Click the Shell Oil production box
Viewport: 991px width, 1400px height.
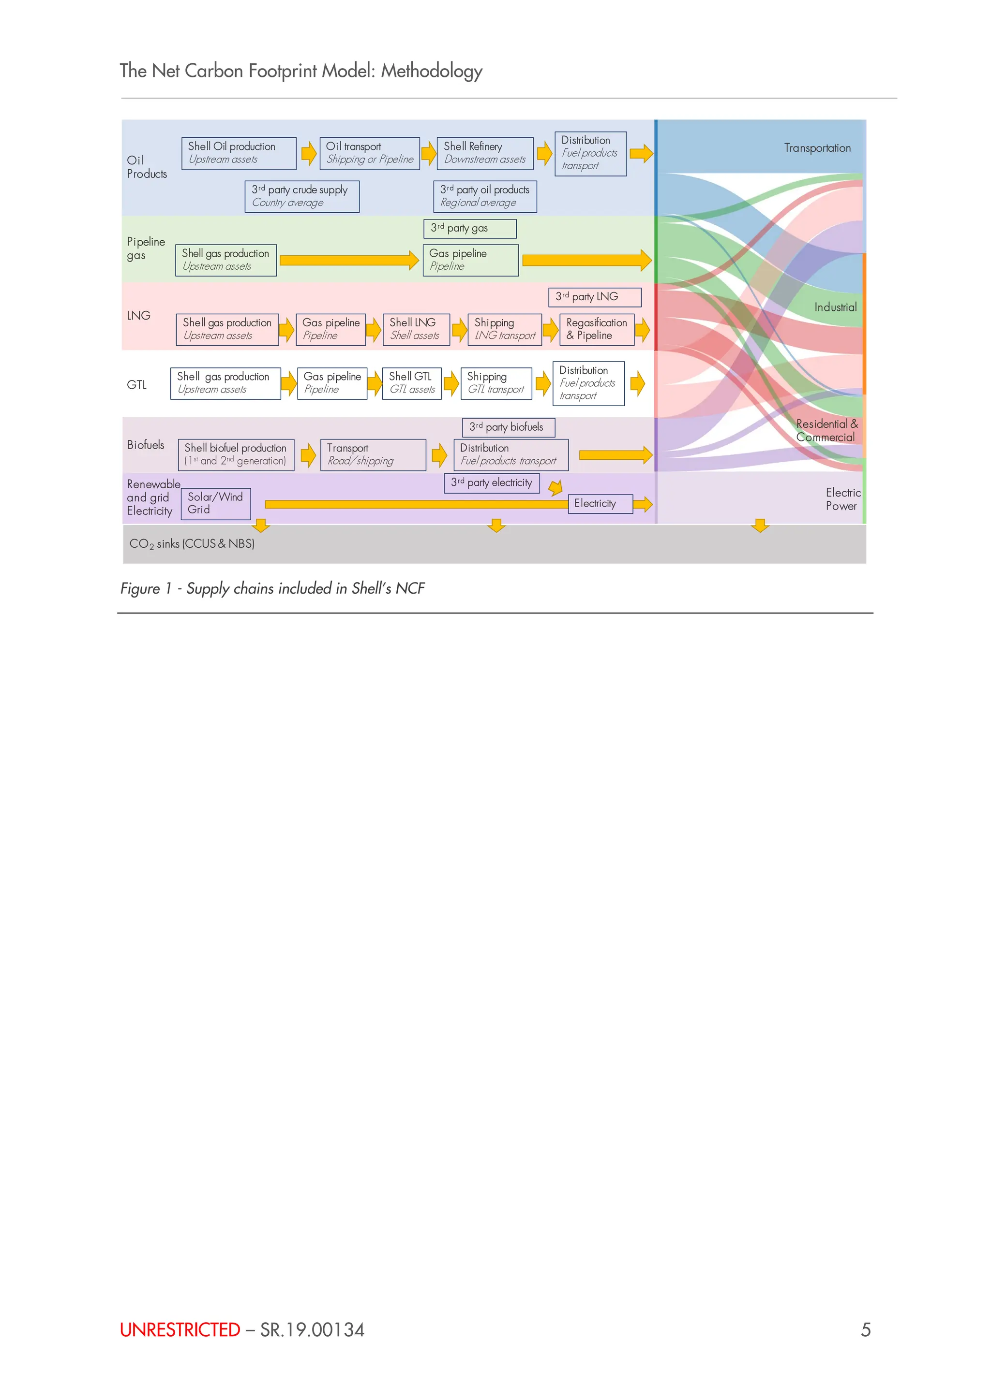coord(239,153)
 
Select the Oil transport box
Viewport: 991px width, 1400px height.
coord(369,153)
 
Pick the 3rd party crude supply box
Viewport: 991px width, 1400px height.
coord(301,196)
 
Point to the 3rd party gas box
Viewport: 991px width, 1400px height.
coord(469,229)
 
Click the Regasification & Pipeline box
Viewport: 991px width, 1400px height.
coord(596,329)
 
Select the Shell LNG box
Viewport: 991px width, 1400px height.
coord(416,329)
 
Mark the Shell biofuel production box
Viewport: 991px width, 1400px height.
coord(236,455)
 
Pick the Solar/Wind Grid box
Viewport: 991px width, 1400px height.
coord(215,504)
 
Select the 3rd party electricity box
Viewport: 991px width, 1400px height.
coord(491,483)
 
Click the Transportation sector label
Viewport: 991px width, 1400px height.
coord(817,148)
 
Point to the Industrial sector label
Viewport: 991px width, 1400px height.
coord(835,307)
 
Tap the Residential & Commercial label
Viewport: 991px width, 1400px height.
coord(826,430)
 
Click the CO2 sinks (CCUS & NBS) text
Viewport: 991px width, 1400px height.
coord(192,544)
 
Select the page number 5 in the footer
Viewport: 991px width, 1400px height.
coord(865,1330)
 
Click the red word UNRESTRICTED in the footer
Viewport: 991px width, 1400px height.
coord(180,1330)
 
